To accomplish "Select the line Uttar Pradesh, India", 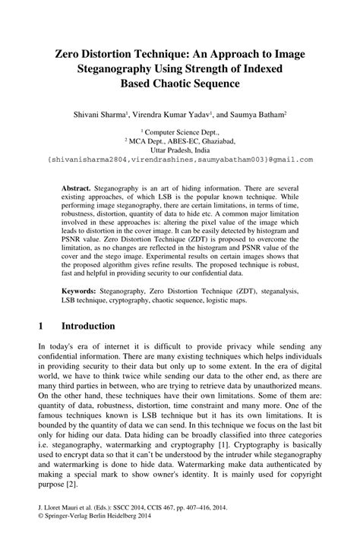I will (180, 150).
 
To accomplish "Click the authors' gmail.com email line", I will (180, 160).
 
